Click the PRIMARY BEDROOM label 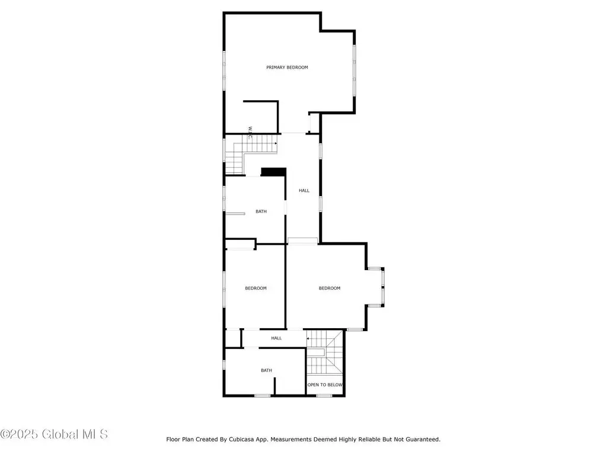coord(287,68)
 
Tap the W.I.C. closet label coord(250,133)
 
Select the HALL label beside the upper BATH coord(304,190)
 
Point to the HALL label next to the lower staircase coord(276,338)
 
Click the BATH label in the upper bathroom coord(261,212)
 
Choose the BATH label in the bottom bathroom coord(266,370)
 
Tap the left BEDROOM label coord(255,289)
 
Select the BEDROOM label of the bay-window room coord(330,289)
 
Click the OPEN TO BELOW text coord(325,385)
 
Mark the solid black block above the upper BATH coord(274,172)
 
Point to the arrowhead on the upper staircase coord(276,143)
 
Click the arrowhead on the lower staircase coord(308,338)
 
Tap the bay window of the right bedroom coord(382,287)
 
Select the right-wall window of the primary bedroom coord(354,70)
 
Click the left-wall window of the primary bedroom coord(223,71)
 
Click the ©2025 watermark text coord(20,434)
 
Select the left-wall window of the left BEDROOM coord(223,289)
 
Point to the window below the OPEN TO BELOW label coord(324,395)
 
